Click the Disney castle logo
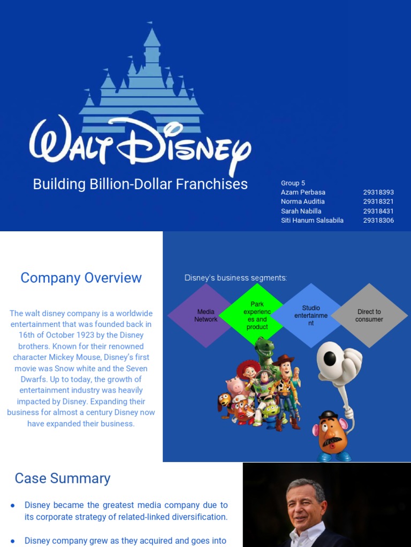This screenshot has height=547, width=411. click(x=141, y=80)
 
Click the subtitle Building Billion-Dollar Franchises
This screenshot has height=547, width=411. click(x=140, y=184)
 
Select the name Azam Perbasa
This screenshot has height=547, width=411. click(x=303, y=192)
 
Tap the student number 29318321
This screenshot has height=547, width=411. click(x=378, y=201)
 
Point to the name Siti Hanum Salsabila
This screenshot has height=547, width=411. click(x=312, y=220)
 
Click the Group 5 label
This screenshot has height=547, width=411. click(x=293, y=183)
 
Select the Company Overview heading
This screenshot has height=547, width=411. click(x=81, y=278)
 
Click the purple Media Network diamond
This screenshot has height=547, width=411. click(x=200, y=316)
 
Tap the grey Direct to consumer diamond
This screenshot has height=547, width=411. click(x=369, y=315)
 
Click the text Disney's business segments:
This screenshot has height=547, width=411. click(x=235, y=278)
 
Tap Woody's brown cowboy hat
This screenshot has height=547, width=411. click(x=284, y=360)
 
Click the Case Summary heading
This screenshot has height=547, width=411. click(x=63, y=478)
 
